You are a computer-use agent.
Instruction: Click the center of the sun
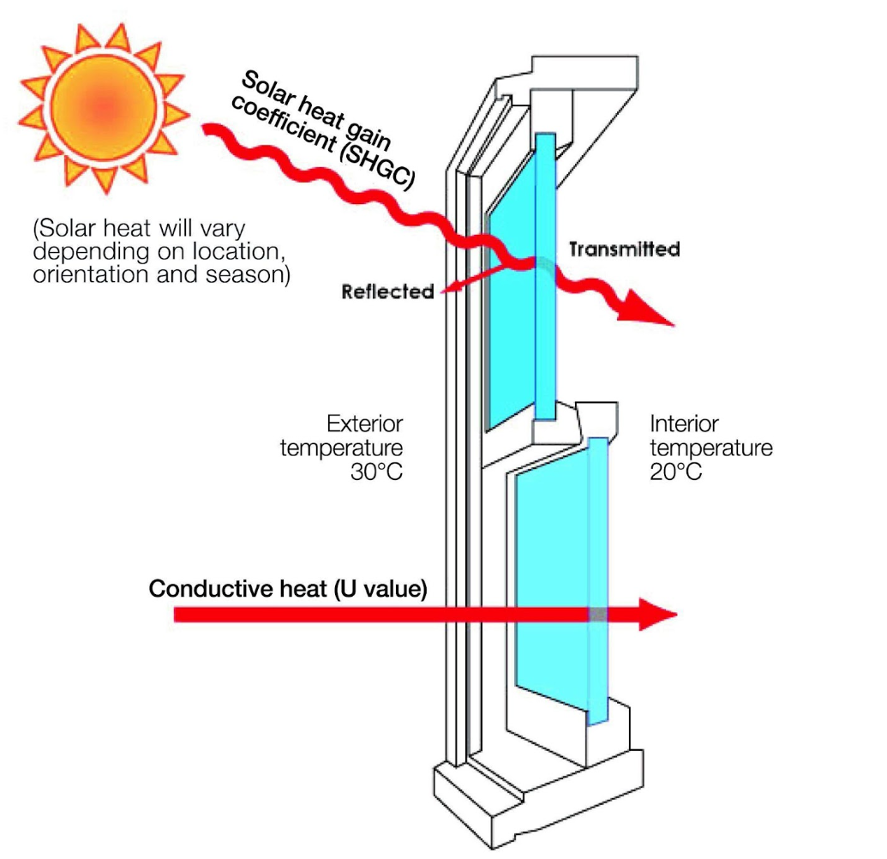point(102,106)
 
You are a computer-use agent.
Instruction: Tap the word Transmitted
point(624,249)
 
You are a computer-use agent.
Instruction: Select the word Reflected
point(387,291)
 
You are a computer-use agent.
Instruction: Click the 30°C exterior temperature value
point(375,472)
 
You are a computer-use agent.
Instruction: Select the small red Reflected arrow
point(480,279)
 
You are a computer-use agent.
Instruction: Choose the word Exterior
point(364,424)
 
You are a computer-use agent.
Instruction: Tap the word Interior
point(684,424)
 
